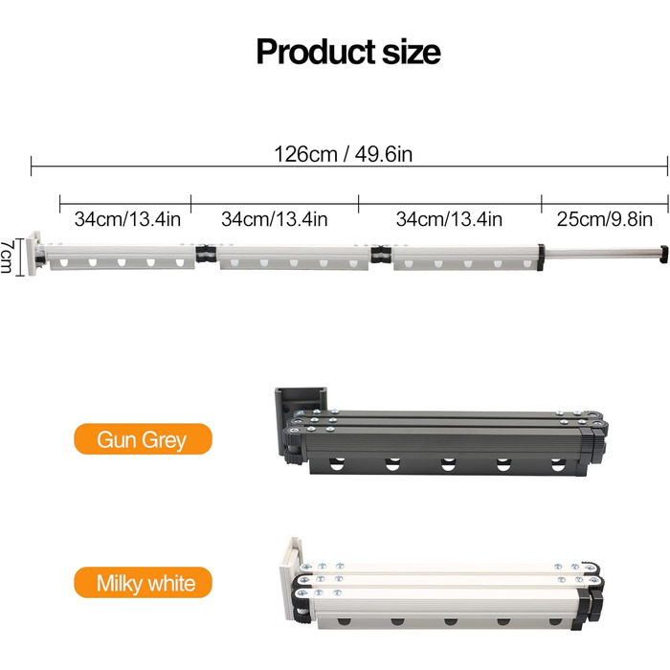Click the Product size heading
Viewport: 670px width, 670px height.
click(348, 52)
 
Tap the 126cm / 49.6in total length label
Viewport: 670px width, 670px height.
click(343, 154)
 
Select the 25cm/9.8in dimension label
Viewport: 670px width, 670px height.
click(605, 219)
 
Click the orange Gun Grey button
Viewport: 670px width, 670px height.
click(144, 438)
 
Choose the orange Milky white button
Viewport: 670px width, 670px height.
click(144, 582)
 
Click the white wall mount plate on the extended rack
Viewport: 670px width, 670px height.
click(33, 254)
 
